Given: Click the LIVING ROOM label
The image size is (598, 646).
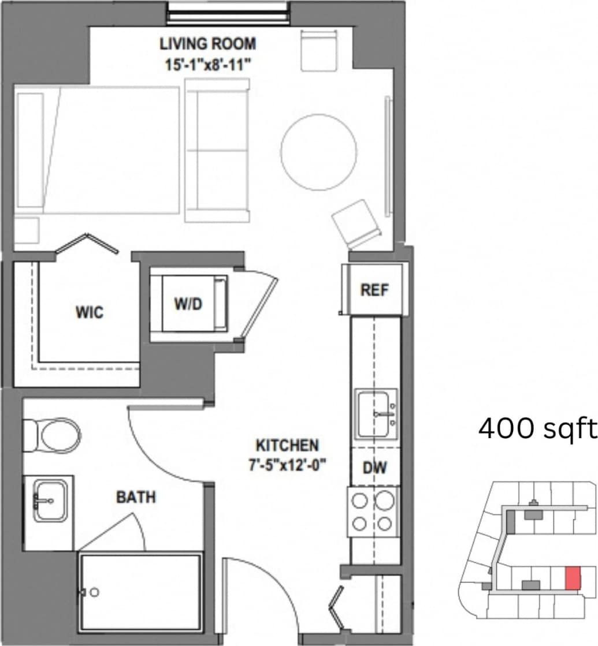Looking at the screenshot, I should pyautogui.click(x=207, y=44).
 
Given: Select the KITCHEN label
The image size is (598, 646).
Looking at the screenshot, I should pyautogui.click(x=287, y=445).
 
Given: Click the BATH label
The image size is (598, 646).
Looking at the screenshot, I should pyautogui.click(x=136, y=497).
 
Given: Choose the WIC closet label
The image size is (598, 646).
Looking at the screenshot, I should pyautogui.click(x=90, y=312).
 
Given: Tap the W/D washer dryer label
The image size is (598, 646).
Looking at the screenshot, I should pyautogui.click(x=189, y=304).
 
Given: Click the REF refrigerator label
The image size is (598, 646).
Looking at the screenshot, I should pyautogui.click(x=374, y=290).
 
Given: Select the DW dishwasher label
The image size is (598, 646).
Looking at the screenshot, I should pyautogui.click(x=374, y=468).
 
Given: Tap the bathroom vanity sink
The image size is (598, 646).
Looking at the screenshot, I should pyautogui.click(x=50, y=500).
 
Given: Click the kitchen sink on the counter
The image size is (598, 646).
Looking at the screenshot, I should pyautogui.click(x=376, y=414).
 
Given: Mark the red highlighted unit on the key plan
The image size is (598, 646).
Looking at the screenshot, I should pyautogui.click(x=572, y=578).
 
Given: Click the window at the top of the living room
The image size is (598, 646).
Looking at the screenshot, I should pyautogui.click(x=228, y=13).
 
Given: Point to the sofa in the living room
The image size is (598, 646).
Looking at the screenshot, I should pyautogui.click(x=218, y=151).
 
